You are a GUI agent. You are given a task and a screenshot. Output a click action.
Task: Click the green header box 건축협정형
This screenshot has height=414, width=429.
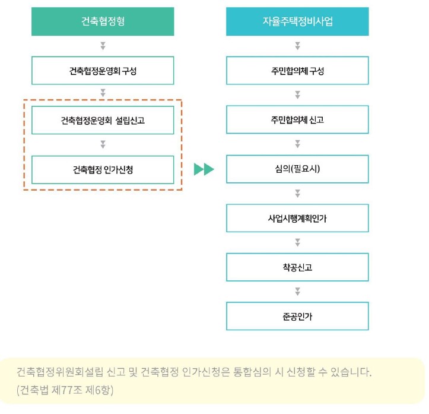pos(103,22)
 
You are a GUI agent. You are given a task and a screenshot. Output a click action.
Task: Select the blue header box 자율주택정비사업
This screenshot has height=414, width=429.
pos(297,22)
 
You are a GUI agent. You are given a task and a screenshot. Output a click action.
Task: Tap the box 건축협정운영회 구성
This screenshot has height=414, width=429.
pos(103,71)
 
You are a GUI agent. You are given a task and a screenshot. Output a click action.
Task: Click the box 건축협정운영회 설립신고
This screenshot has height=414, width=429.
pos(103,120)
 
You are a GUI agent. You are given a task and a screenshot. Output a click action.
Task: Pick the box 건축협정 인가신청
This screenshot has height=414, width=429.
pos(103,169)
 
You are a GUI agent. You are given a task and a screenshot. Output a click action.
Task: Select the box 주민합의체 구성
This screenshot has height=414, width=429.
pos(297,71)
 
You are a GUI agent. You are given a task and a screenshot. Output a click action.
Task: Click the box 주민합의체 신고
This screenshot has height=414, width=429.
pos(297,120)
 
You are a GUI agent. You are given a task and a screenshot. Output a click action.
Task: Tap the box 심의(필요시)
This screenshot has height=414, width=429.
pos(297,169)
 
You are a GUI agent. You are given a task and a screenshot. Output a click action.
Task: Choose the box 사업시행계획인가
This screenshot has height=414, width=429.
pos(297,218)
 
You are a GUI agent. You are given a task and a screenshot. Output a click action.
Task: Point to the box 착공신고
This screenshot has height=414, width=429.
pos(297,267)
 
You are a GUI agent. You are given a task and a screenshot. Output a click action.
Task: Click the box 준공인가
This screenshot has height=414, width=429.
pos(297,316)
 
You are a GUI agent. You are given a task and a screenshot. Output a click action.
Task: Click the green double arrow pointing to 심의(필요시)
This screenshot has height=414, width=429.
pos(204,169)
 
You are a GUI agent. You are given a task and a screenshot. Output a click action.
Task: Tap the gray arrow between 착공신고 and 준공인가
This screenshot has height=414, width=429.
pos(297,292)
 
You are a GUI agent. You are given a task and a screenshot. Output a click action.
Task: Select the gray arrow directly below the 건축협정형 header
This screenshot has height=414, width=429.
pos(103,46)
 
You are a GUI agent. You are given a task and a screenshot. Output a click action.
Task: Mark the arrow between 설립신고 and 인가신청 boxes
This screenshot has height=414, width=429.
pos(103,144)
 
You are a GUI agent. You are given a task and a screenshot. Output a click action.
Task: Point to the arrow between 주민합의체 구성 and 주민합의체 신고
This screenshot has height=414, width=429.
pos(297,95)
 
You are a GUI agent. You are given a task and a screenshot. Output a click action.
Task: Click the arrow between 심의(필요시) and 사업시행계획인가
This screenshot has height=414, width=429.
pos(297,194)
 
